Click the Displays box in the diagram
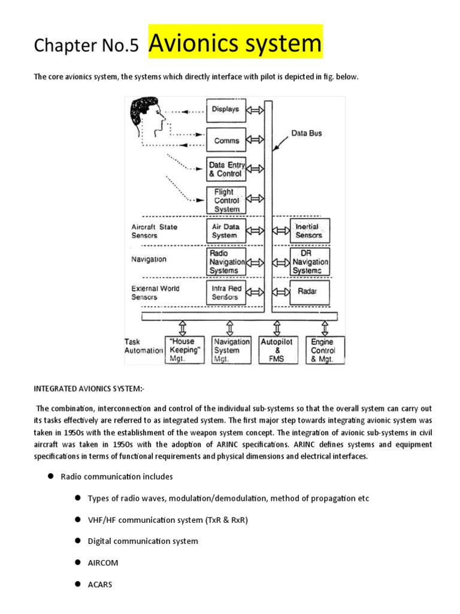[226, 110]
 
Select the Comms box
[226, 141]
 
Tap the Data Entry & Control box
[226, 170]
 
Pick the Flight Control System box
[226, 200]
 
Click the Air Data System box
[226, 231]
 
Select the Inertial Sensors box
[310, 231]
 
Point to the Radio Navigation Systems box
[226, 262]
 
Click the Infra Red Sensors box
[226, 292]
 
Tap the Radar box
[310, 292]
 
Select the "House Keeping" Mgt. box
[184, 350]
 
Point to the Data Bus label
[307, 133]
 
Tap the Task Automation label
[143, 346]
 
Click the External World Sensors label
[156, 293]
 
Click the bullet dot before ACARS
[78, 583]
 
